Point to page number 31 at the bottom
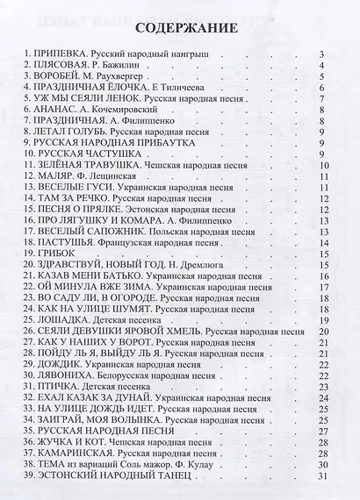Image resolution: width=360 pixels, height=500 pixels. click(323, 475)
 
